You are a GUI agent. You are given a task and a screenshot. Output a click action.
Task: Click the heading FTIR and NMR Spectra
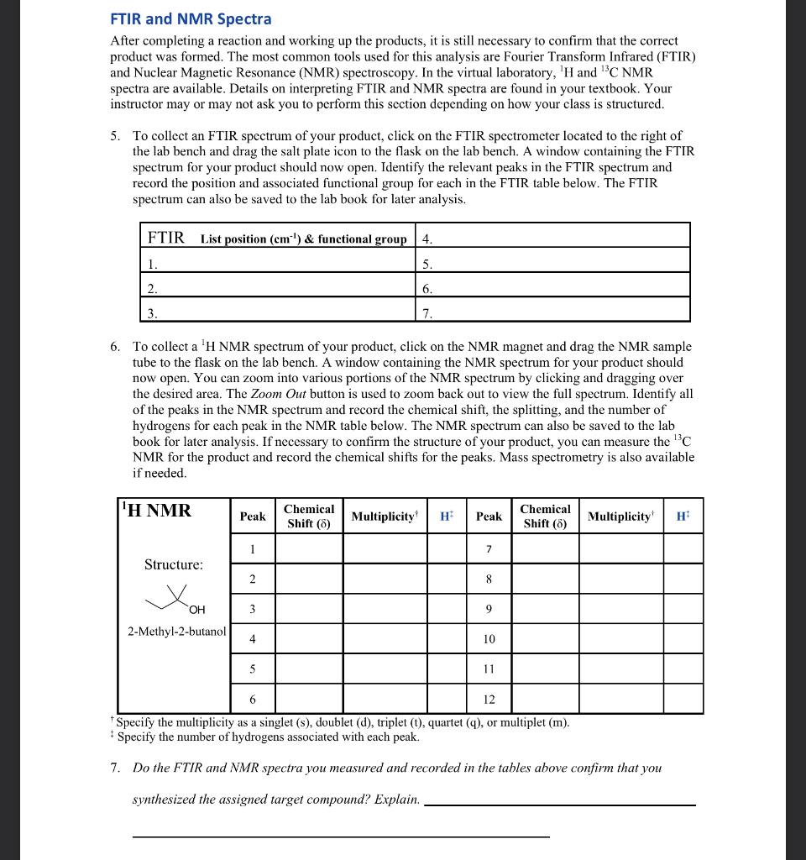pos(191,18)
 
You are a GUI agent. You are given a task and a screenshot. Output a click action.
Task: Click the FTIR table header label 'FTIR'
pos(165,238)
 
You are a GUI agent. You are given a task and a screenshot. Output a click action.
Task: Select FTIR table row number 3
pos(152,313)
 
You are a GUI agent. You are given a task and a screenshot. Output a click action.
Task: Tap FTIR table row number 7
pos(427,313)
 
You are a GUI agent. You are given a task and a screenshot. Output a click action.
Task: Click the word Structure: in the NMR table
pos(173,564)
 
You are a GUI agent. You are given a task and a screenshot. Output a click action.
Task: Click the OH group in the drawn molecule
pos(196,609)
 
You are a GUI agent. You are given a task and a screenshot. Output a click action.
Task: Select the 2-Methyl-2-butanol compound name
pos(176,631)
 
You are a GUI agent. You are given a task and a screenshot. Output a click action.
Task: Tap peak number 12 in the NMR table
pos(489,699)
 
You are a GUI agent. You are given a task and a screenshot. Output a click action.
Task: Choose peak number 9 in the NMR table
pos(489,609)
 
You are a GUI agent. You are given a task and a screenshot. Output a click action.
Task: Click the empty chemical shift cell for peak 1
pos(309,549)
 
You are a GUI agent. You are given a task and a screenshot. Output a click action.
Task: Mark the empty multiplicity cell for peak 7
pos(620,549)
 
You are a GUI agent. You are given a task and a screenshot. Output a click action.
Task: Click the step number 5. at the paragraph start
pos(116,136)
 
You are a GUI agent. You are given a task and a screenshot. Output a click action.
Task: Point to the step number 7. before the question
pos(116,768)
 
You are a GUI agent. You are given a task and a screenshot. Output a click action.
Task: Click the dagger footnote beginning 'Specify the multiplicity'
pos(343,722)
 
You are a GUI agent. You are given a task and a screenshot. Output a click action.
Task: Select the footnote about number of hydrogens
pos(267,737)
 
